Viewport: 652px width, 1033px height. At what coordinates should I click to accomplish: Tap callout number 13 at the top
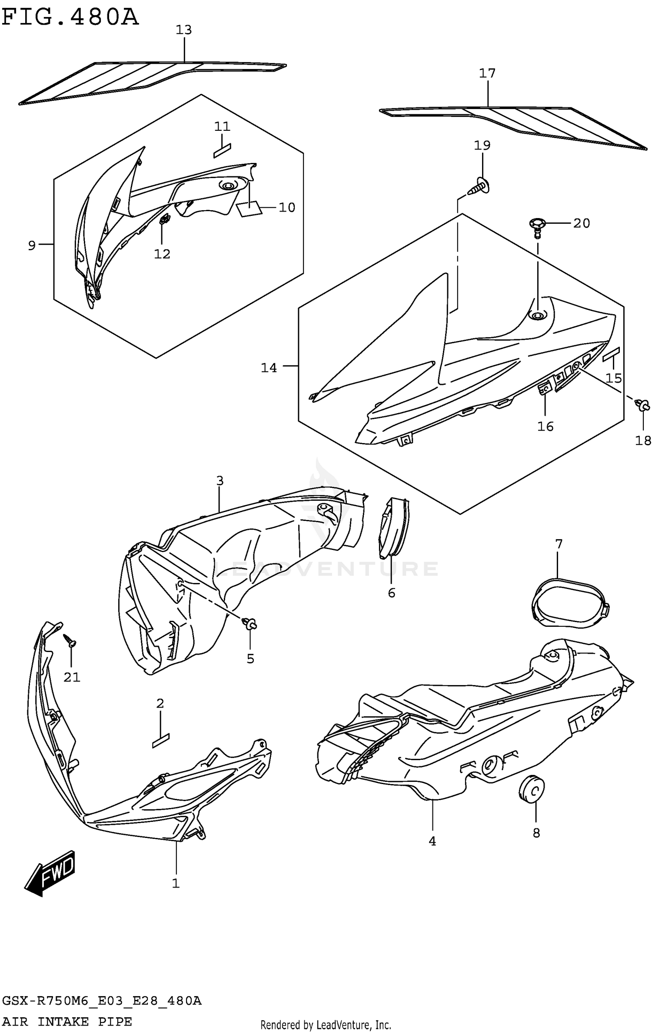(x=183, y=30)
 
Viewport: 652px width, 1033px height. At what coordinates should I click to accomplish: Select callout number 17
(x=487, y=73)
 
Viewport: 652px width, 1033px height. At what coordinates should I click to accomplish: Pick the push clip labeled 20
(x=537, y=227)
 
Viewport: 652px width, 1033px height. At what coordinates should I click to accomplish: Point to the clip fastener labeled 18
(x=642, y=406)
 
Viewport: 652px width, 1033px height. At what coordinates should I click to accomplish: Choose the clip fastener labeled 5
(x=251, y=624)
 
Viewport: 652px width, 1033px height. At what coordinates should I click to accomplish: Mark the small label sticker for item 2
(x=160, y=740)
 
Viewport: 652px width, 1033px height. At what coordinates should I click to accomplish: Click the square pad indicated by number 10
(x=249, y=209)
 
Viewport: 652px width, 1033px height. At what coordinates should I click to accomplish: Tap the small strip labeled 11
(x=222, y=150)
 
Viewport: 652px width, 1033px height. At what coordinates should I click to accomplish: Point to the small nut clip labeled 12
(x=164, y=220)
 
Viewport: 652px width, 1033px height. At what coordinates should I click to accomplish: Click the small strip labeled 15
(x=611, y=354)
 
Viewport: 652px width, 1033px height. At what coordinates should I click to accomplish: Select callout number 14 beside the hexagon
(x=269, y=368)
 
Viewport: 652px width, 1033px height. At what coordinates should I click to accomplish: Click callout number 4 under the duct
(x=432, y=841)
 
